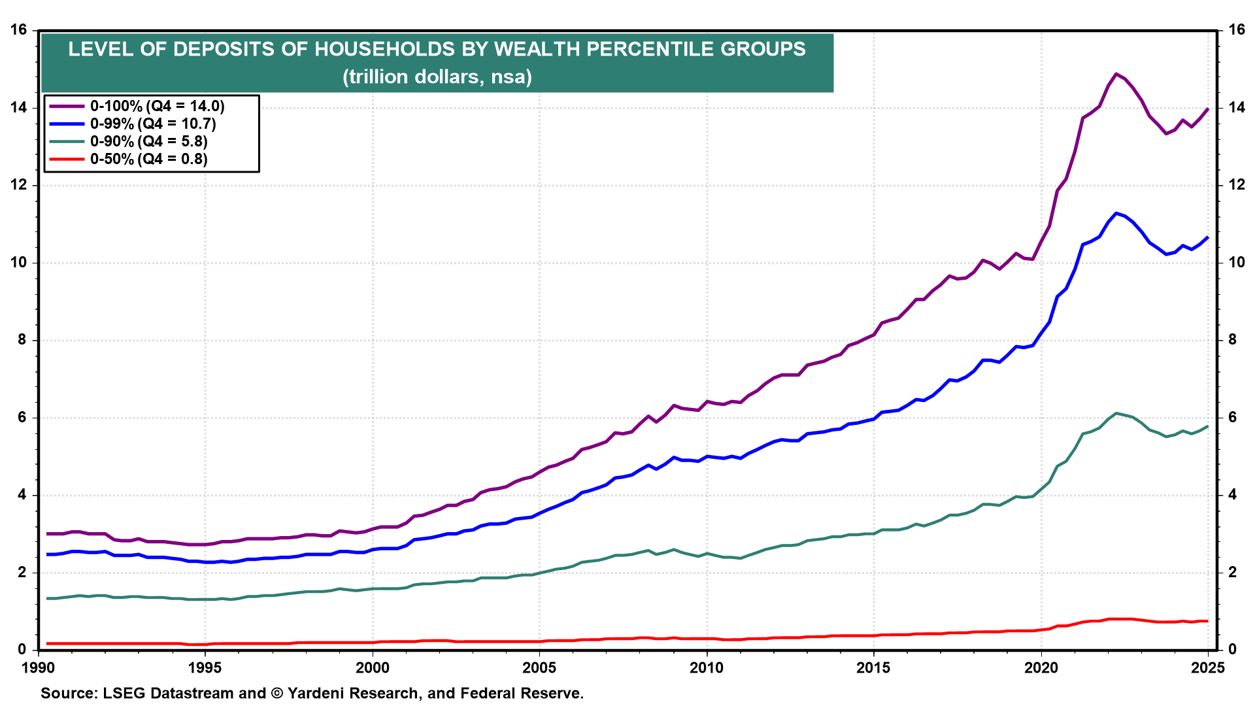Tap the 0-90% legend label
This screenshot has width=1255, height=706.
tap(129, 142)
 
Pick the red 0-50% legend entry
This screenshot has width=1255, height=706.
tap(129, 160)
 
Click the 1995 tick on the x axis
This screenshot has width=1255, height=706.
tap(205, 668)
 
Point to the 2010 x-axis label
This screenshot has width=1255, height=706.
tap(707, 668)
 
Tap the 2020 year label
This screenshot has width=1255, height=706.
tap(1041, 668)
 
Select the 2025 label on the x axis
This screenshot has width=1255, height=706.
tap(1208, 668)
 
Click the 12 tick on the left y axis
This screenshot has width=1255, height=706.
tap(18, 185)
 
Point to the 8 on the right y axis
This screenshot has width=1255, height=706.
tap(1232, 340)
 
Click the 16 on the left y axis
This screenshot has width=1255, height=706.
tap(18, 30)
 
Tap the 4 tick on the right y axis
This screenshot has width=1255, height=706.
tap(1232, 495)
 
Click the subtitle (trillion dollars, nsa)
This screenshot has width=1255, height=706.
tap(437, 77)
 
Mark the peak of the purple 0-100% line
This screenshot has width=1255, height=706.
tap(1116, 74)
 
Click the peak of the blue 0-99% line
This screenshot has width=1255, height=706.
tap(1116, 213)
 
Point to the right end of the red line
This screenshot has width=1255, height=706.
tap(1207, 621)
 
